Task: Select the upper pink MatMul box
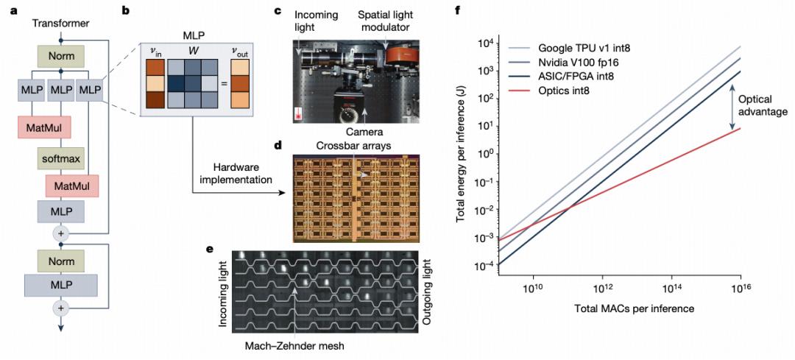tap(43, 127)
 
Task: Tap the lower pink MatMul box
tap(71, 186)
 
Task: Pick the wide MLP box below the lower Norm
tap(61, 284)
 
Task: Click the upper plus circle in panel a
tap(61, 233)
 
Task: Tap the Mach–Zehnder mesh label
tap(294, 347)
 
